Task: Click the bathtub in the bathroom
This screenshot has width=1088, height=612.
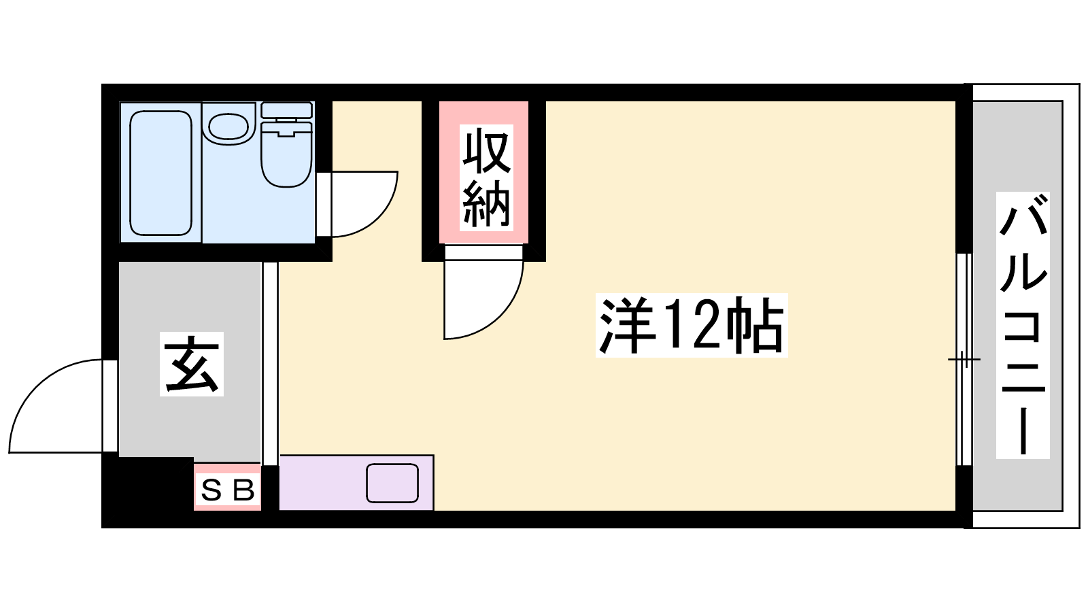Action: tap(160, 173)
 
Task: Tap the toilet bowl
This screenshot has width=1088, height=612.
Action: tap(286, 154)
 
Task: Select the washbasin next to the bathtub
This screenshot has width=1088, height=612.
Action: tap(228, 124)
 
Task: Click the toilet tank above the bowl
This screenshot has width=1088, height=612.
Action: tap(286, 109)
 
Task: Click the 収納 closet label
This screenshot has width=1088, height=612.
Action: tap(486, 177)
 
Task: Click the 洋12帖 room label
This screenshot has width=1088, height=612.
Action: tap(691, 325)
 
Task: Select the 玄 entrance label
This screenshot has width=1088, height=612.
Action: tap(192, 364)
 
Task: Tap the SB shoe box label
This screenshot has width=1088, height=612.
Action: tap(228, 490)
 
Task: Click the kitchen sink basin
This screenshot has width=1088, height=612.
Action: tap(392, 483)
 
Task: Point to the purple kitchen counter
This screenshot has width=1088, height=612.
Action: tap(356, 483)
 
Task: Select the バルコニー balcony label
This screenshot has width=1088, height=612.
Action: tap(1023, 325)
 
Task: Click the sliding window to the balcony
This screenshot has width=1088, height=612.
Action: tap(964, 360)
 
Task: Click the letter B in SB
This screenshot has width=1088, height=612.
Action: tap(244, 490)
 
